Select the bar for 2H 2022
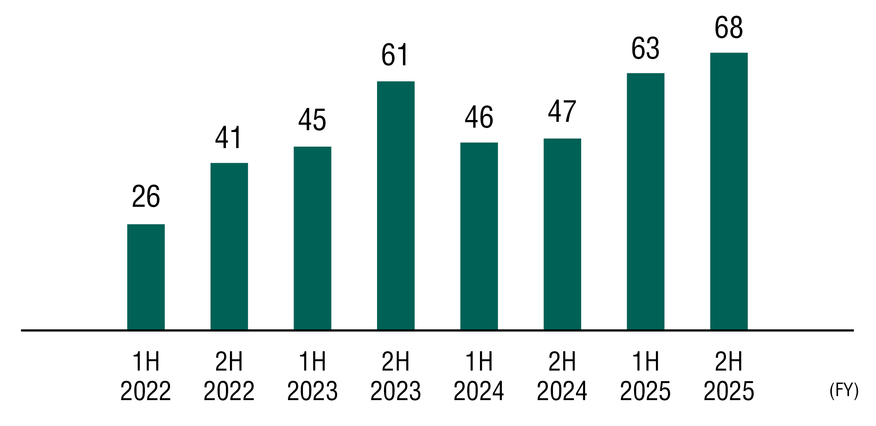(229, 246)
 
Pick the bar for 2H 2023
(396, 205)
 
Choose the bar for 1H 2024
(479, 236)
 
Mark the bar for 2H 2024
(562, 234)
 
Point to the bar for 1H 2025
(645, 201)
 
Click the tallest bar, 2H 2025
(729, 191)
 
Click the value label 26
(146, 196)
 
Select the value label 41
(228, 138)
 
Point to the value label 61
(395, 55)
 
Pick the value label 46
(479, 117)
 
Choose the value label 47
(562, 111)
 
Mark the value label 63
(645, 48)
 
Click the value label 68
(729, 27)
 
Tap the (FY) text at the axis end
(844, 391)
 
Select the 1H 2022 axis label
(146, 376)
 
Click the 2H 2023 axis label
(396, 376)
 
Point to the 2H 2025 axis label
(729, 376)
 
